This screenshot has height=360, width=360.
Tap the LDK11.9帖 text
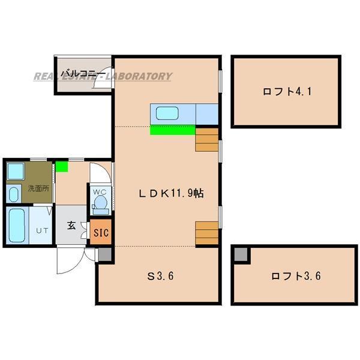(x=170, y=193)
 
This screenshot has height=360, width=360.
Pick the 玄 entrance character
(x=71, y=226)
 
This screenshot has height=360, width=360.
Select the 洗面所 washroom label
(x=37, y=188)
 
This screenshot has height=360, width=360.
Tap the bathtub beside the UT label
(x=17, y=225)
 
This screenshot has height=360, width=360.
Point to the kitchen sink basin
(x=172, y=113)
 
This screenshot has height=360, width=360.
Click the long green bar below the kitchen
(x=172, y=130)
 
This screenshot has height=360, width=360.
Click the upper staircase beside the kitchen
(x=207, y=139)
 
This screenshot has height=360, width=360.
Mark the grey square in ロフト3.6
(x=240, y=254)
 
